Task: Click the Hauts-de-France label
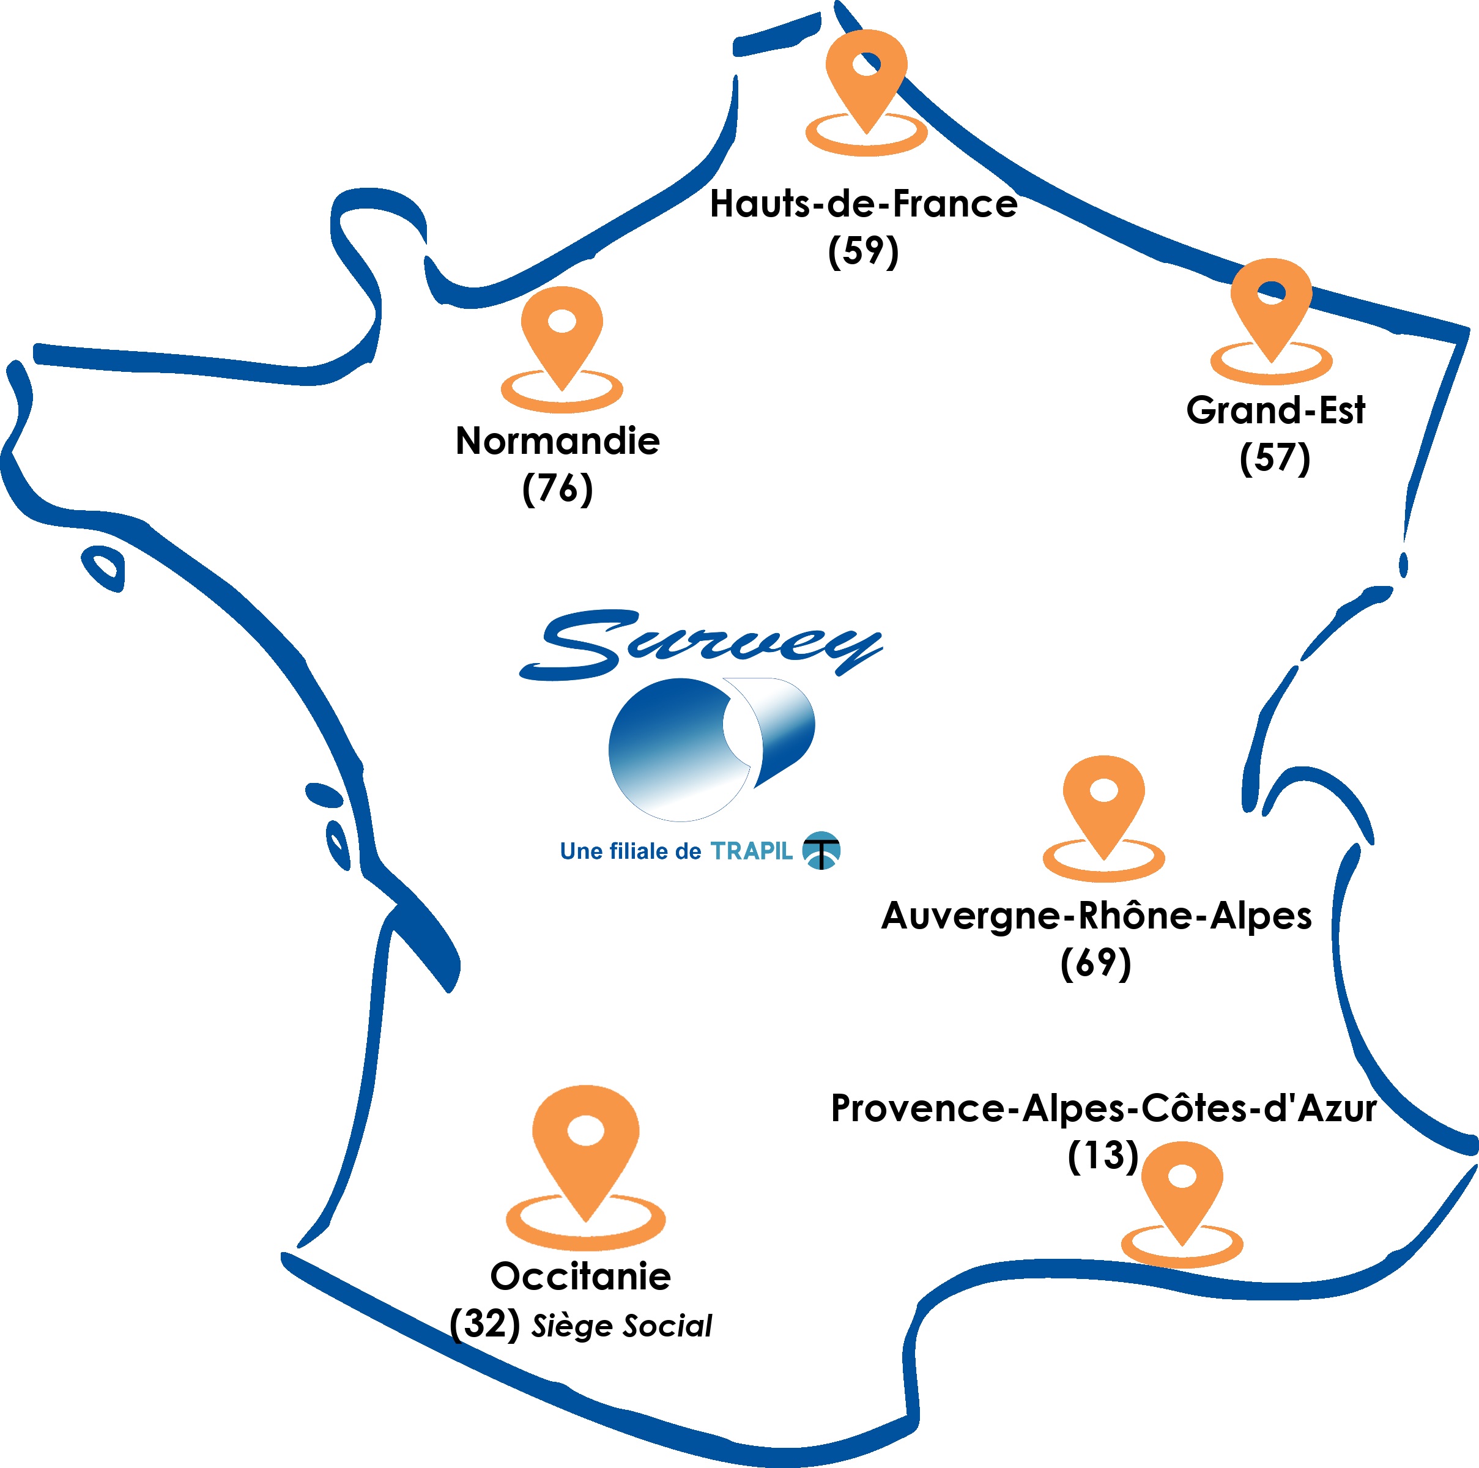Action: pyautogui.click(x=864, y=204)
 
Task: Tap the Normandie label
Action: pyautogui.click(x=557, y=441)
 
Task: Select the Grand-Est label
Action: pyautogui.click(x=1275, y=410)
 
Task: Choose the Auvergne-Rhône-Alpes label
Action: pyautogui.click(x=1096, y=916)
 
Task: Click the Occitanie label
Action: pyautogui.click(x=580, y=1276)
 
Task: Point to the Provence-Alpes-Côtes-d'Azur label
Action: pyautogui.click(x=1103, y=1108)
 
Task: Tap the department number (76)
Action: pyautogui.click(x=557, y=487)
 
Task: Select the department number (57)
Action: pyautogui.click(x=1275, y=457)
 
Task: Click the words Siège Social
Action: pyautogui.click(x=621, y=1325)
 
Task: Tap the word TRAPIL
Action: pyautogui.click(x=751, y=851)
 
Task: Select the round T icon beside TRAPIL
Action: pyautogui.click(x=821, y=850)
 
